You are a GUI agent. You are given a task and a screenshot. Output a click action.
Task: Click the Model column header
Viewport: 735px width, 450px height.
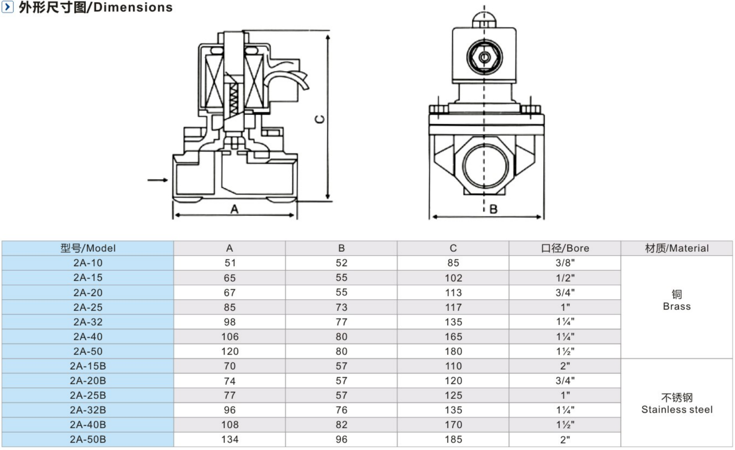[x=88, y=248]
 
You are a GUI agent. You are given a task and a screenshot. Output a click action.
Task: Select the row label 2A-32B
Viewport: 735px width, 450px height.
[x=88, y=410]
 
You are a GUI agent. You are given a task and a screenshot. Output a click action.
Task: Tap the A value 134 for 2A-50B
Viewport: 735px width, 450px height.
[x=230, y=439]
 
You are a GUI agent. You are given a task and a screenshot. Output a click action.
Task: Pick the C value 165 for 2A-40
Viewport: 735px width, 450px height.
[x=453, y=337]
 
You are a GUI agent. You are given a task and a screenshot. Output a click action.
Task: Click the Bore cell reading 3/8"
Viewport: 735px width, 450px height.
[x=565, y=263]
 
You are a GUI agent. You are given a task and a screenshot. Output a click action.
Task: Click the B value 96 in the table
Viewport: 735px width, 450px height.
[x=341, y=439]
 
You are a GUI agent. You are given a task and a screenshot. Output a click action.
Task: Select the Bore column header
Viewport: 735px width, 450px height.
[x=565, y=248]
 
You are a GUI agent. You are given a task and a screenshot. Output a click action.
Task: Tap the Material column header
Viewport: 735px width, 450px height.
[x=676, y=248]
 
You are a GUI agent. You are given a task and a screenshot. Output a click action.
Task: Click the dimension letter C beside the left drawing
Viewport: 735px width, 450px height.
[x=320, y=119]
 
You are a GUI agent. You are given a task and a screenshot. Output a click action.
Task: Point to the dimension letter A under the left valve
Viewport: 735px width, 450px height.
[x=234, y=209]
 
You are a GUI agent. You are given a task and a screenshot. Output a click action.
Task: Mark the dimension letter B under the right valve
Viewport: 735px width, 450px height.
[x=494, y=209]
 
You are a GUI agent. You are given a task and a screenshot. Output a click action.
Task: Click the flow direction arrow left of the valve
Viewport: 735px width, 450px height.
[x=158, y=180]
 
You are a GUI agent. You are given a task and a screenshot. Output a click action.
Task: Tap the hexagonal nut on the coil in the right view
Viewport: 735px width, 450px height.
[x=485, y=57]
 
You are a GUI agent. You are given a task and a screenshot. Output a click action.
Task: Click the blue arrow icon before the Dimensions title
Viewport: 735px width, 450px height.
[x=7, y=7]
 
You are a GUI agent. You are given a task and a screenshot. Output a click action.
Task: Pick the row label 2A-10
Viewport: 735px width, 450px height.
[x=88, y=263]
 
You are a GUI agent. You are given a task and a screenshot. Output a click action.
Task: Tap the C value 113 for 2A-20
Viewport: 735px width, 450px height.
[x=453, y=293]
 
